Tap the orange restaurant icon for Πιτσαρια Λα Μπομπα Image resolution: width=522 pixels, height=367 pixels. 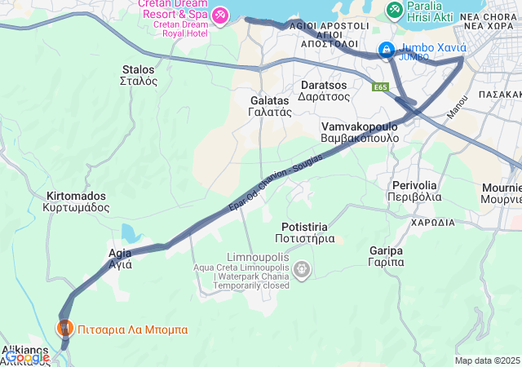click(x=64, y=329)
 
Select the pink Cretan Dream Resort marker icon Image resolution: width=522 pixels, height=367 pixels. click(x=220, y=15)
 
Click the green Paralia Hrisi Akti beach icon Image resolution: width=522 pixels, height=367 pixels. click(x=395, y=9)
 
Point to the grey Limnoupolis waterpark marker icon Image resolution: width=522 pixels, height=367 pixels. click(x=302, y=268)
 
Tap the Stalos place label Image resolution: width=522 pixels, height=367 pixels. click(x=139, y=75)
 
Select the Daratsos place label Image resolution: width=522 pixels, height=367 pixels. click(x=324, y=90)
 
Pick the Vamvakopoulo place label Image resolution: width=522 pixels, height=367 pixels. click(x=360, y=132)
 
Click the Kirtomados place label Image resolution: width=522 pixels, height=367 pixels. click(x=77, y=201)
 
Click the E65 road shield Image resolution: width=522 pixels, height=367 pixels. click(x=380, y=86)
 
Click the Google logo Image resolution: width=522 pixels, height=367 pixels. click(x=28, y=357)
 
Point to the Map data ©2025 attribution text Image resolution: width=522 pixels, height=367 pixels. click(x=487, y=360)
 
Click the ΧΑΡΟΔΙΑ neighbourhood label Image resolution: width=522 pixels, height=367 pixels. click(x=432, y=222)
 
